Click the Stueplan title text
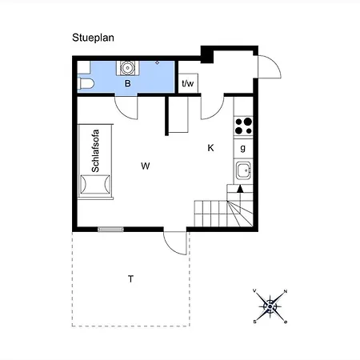coord(93,38)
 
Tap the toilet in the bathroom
coord(86,83)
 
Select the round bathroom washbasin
coord(127,68)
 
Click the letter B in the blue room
coord(128,83)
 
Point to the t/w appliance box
coord(188,83)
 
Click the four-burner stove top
coord(243,126)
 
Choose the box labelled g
coord(243,148)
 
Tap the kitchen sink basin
coord(243,170)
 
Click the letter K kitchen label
coord(210,148)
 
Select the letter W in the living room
coord(146,166)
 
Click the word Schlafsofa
coord(95,151)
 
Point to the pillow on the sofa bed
coord(95,184)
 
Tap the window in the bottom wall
coord(110,229)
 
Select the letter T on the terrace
coord(130,279)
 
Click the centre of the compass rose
coord(270,306)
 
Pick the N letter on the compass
coord(286,291)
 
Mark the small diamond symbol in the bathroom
coord(158,62)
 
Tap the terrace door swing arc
coord(170,247)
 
